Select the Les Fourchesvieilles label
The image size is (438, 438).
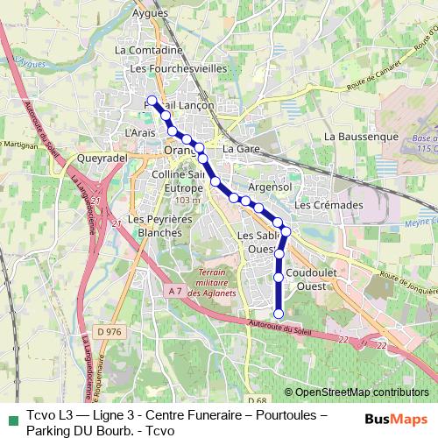pyautogui.click(x=179, y=68)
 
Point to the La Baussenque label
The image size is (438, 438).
pyautogui.click(x=361, y=138)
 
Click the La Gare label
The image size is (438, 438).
pyautogui.click(x=240, y=150)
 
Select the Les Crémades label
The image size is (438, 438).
pyautogui.click(x=328, y=204)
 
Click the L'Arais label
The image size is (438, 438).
pyautogui.click(x=140, y=132)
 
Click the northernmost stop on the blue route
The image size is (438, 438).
pyautogui.click(x=152, y=100)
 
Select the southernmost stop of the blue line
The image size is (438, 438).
pyautogui.click(x=279, y=314)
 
